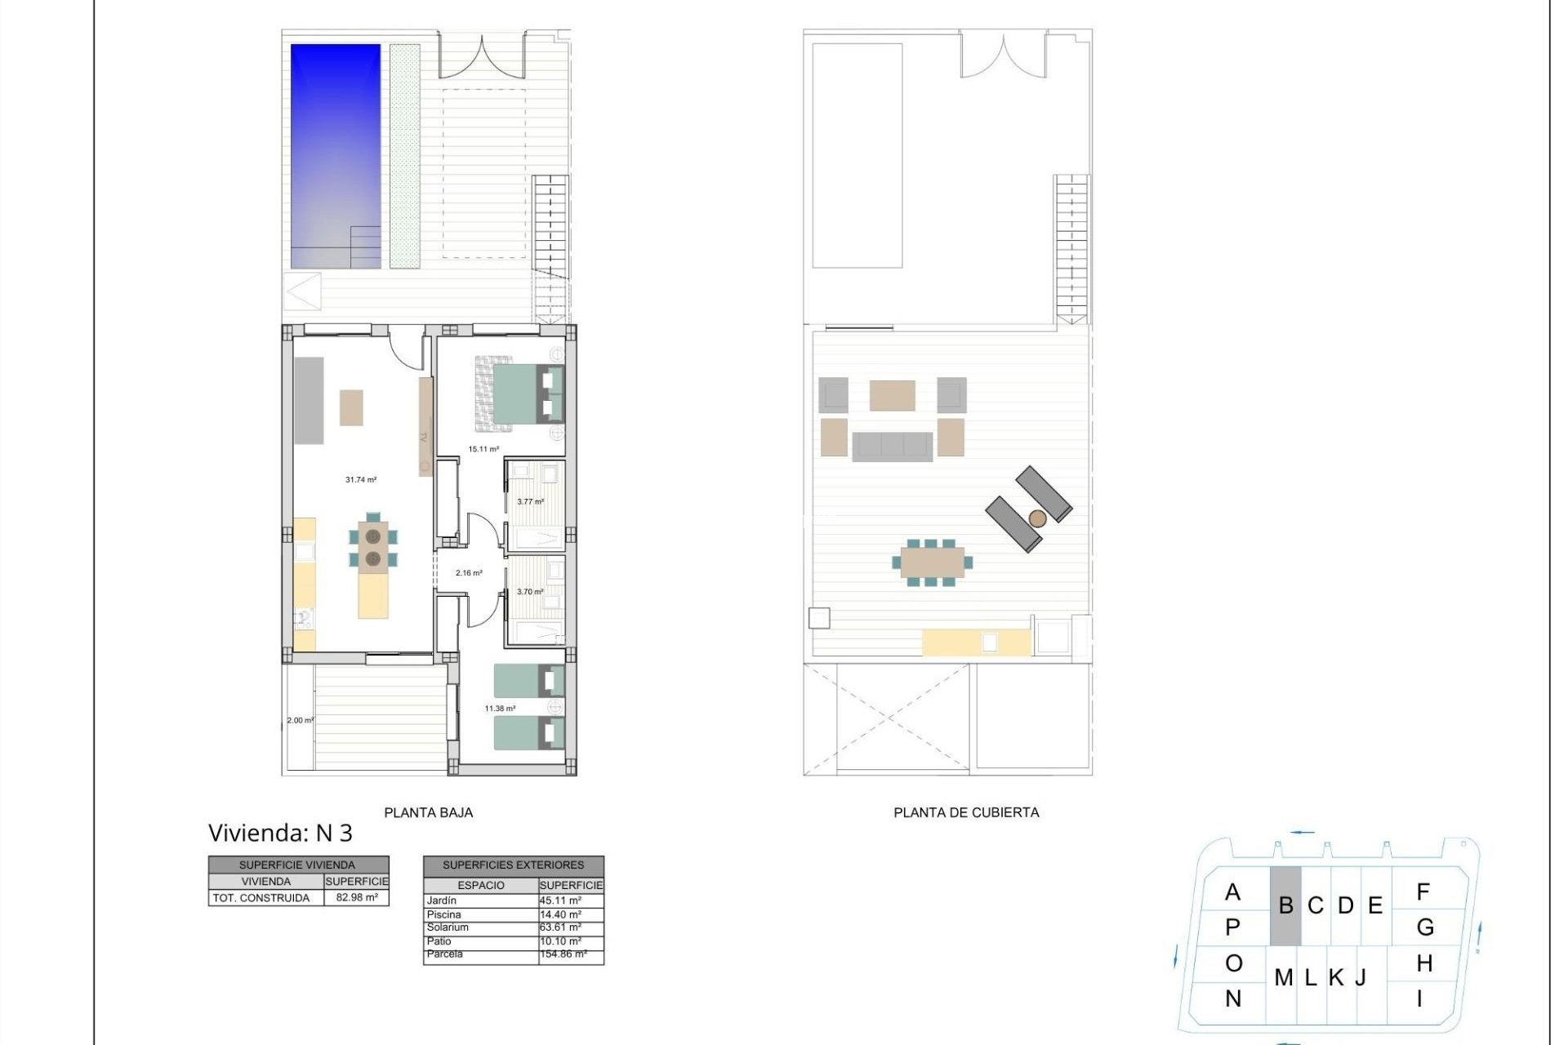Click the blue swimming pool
point(336,155)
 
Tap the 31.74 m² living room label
point(360,480)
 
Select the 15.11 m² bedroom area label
point(483,449)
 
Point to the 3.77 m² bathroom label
point(530,501)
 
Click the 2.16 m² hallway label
point(469,573)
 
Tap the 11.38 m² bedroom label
point(500,709)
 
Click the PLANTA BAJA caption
point(428,812)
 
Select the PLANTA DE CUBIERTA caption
point(966,812)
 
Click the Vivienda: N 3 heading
point(280,833)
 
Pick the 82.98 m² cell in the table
point(357,898)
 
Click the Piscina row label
point(444,914)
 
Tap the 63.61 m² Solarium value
point(561,927)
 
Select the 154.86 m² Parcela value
point(563,954)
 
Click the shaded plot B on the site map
point(1285,906)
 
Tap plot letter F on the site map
point(1423,892)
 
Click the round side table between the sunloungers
point(1037,518)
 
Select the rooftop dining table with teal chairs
point(932,562)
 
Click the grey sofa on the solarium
point(892,447)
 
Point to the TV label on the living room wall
point(424,438)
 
